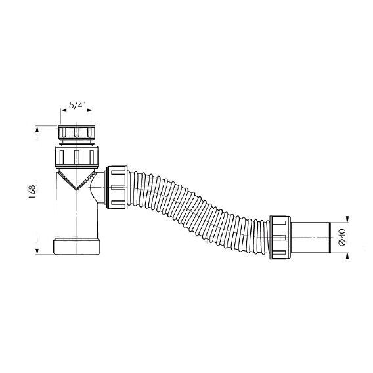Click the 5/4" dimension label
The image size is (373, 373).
77,105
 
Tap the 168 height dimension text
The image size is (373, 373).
32,192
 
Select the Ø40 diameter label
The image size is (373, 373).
342,238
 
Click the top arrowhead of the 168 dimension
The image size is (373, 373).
37,130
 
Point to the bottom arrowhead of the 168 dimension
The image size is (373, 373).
37,251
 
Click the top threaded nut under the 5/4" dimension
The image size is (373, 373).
77,133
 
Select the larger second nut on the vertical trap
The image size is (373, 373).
77,156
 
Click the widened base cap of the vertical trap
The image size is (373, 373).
76,246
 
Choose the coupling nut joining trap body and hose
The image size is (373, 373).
117,188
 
